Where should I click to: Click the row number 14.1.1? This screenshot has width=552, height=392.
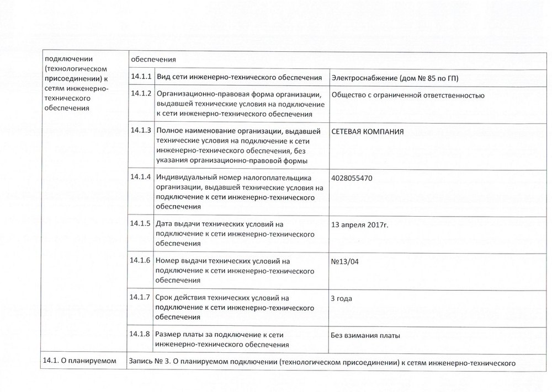141,76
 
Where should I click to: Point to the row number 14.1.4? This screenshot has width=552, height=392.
141,177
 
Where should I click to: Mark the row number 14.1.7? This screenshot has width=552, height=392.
141,297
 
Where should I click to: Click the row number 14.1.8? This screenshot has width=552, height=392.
141,334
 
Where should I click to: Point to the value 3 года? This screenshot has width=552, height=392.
341,298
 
